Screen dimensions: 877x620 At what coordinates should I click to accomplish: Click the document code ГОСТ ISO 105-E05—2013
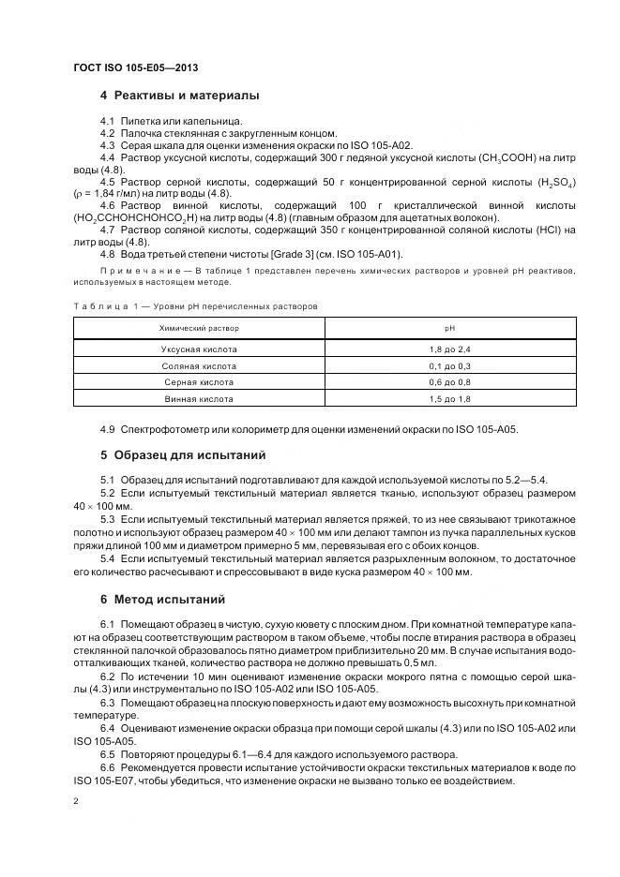coord(134,68)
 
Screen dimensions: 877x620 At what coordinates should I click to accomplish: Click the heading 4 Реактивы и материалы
coord(179,96)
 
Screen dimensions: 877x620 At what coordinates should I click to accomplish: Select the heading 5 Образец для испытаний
coord(183,454)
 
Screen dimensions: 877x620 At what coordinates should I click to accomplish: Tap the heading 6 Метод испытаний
coord(161,599)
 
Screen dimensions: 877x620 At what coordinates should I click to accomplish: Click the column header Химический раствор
coord(199,329)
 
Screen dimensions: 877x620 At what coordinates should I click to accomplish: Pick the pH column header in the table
coord(449,329)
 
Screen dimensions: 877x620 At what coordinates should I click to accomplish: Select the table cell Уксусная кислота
coord(199,349)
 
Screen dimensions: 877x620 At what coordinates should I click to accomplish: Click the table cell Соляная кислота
coord(199,365)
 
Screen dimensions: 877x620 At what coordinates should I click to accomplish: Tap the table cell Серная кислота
coord(199,382)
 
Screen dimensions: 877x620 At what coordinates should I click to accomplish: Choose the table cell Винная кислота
coord(199,399)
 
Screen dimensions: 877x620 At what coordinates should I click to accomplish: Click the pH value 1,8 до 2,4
coord(449,349)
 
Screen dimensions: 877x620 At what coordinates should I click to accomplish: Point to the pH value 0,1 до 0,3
coord(449,365)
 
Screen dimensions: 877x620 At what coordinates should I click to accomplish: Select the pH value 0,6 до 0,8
coord(449,382)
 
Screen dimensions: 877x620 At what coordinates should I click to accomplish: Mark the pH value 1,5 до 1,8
coord(449,399)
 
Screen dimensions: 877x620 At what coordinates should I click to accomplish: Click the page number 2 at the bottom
coord(76,800)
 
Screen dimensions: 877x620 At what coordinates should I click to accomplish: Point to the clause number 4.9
coord(107,429)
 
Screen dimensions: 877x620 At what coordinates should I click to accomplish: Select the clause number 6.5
coord(107,755)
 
